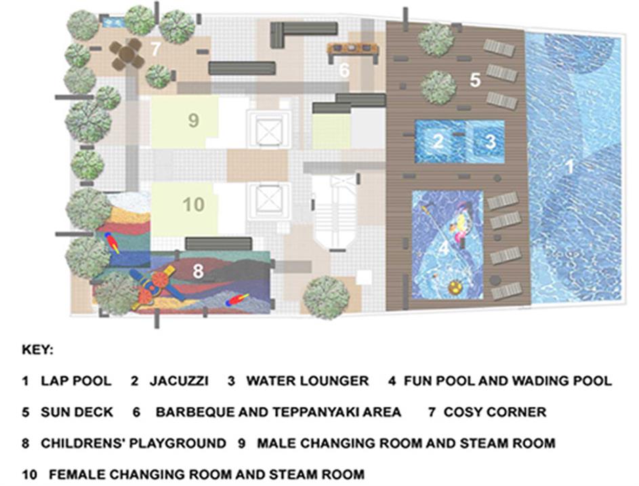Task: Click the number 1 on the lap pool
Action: tap(569, 167)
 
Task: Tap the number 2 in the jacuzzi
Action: tap(438, 142)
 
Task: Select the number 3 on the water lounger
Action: tap(491, 142)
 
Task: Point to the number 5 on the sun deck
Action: tap(475, 80)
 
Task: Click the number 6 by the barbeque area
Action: tap(344, 70)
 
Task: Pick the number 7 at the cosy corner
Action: tap(155, 49)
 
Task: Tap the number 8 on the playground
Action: tap(198, 270)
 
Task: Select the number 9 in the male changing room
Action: tap(194, 120)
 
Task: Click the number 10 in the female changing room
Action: tap(193, 204)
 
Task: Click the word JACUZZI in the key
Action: tap(179, 381)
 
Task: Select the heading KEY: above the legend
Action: tap(37, 350)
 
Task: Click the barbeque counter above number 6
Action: tap(352, 49)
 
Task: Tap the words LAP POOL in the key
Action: tap(76, 381)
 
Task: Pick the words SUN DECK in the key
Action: tap(77, 412)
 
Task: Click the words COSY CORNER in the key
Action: tap(495, 412)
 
